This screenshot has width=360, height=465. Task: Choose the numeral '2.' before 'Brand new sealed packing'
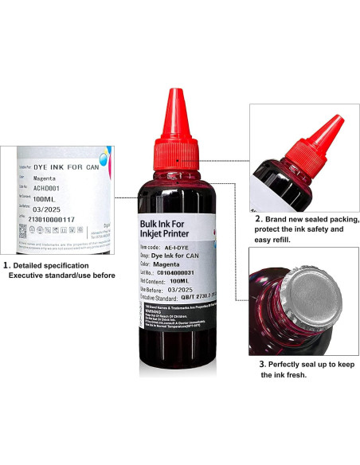click(x=258, y=217)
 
